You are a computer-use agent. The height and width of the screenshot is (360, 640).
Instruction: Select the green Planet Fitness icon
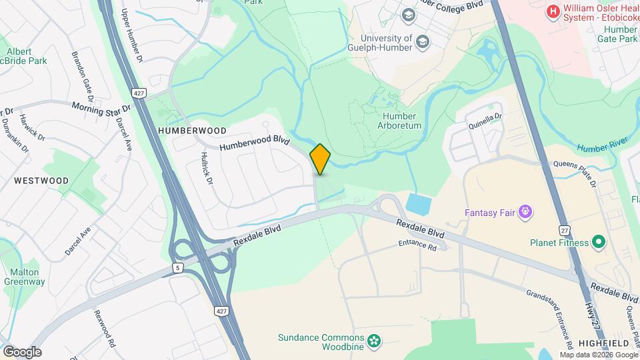598,242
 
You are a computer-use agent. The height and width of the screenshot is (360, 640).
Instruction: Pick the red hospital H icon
552,11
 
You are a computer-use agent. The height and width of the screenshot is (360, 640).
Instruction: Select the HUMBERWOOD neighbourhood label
193,131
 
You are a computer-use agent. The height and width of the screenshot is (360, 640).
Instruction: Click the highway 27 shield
565,229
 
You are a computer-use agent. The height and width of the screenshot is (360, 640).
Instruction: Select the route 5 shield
177,268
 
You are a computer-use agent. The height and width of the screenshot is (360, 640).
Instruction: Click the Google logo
22,351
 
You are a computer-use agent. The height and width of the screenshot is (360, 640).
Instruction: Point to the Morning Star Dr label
101,107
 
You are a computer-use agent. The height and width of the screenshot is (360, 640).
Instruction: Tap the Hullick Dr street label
206,169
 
